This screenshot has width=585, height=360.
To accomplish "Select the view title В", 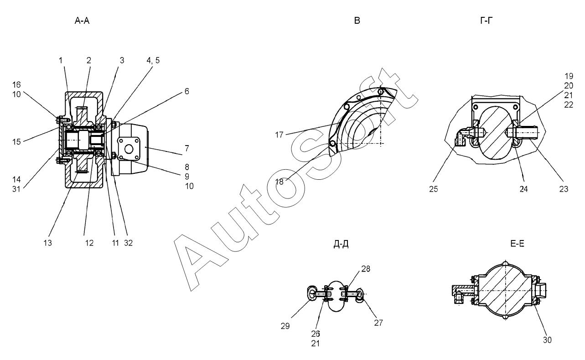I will (x=357, y=21).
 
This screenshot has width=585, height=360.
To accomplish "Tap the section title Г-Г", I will (x=486, y=21).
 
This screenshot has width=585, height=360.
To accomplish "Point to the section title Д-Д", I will (x=341, y=244).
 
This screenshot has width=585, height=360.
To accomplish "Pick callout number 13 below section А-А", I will (x=48, y=243).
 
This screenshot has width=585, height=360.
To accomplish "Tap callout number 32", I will (x=128, y=243).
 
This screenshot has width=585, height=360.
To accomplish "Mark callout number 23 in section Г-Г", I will (x=564, y=188).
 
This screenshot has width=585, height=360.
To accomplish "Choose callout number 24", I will (x=523, y=188).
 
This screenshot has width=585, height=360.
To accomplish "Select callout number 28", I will (x=366, y=269).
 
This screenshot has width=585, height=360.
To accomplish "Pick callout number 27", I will (x=379, y=323).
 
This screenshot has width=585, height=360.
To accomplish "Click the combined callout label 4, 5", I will (x=153, y=61).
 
